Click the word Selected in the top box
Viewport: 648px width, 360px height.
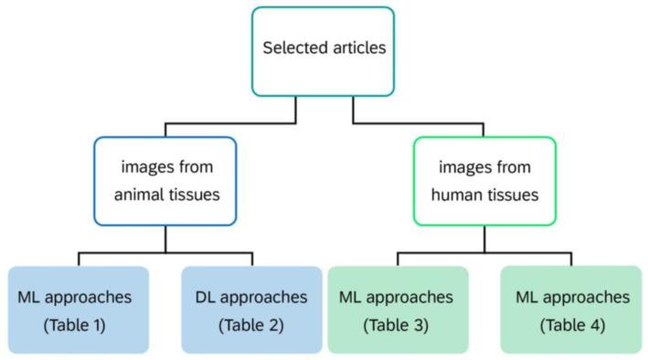[292, 48]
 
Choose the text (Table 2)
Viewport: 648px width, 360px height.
[251, 324]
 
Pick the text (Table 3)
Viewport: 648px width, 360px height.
[397, 324]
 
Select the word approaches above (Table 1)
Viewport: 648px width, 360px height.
[90, 297]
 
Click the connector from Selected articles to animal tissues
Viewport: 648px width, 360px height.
[228, 122]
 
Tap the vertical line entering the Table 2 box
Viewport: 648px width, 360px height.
[251, 259]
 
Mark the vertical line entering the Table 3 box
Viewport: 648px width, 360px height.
[397, 259]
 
